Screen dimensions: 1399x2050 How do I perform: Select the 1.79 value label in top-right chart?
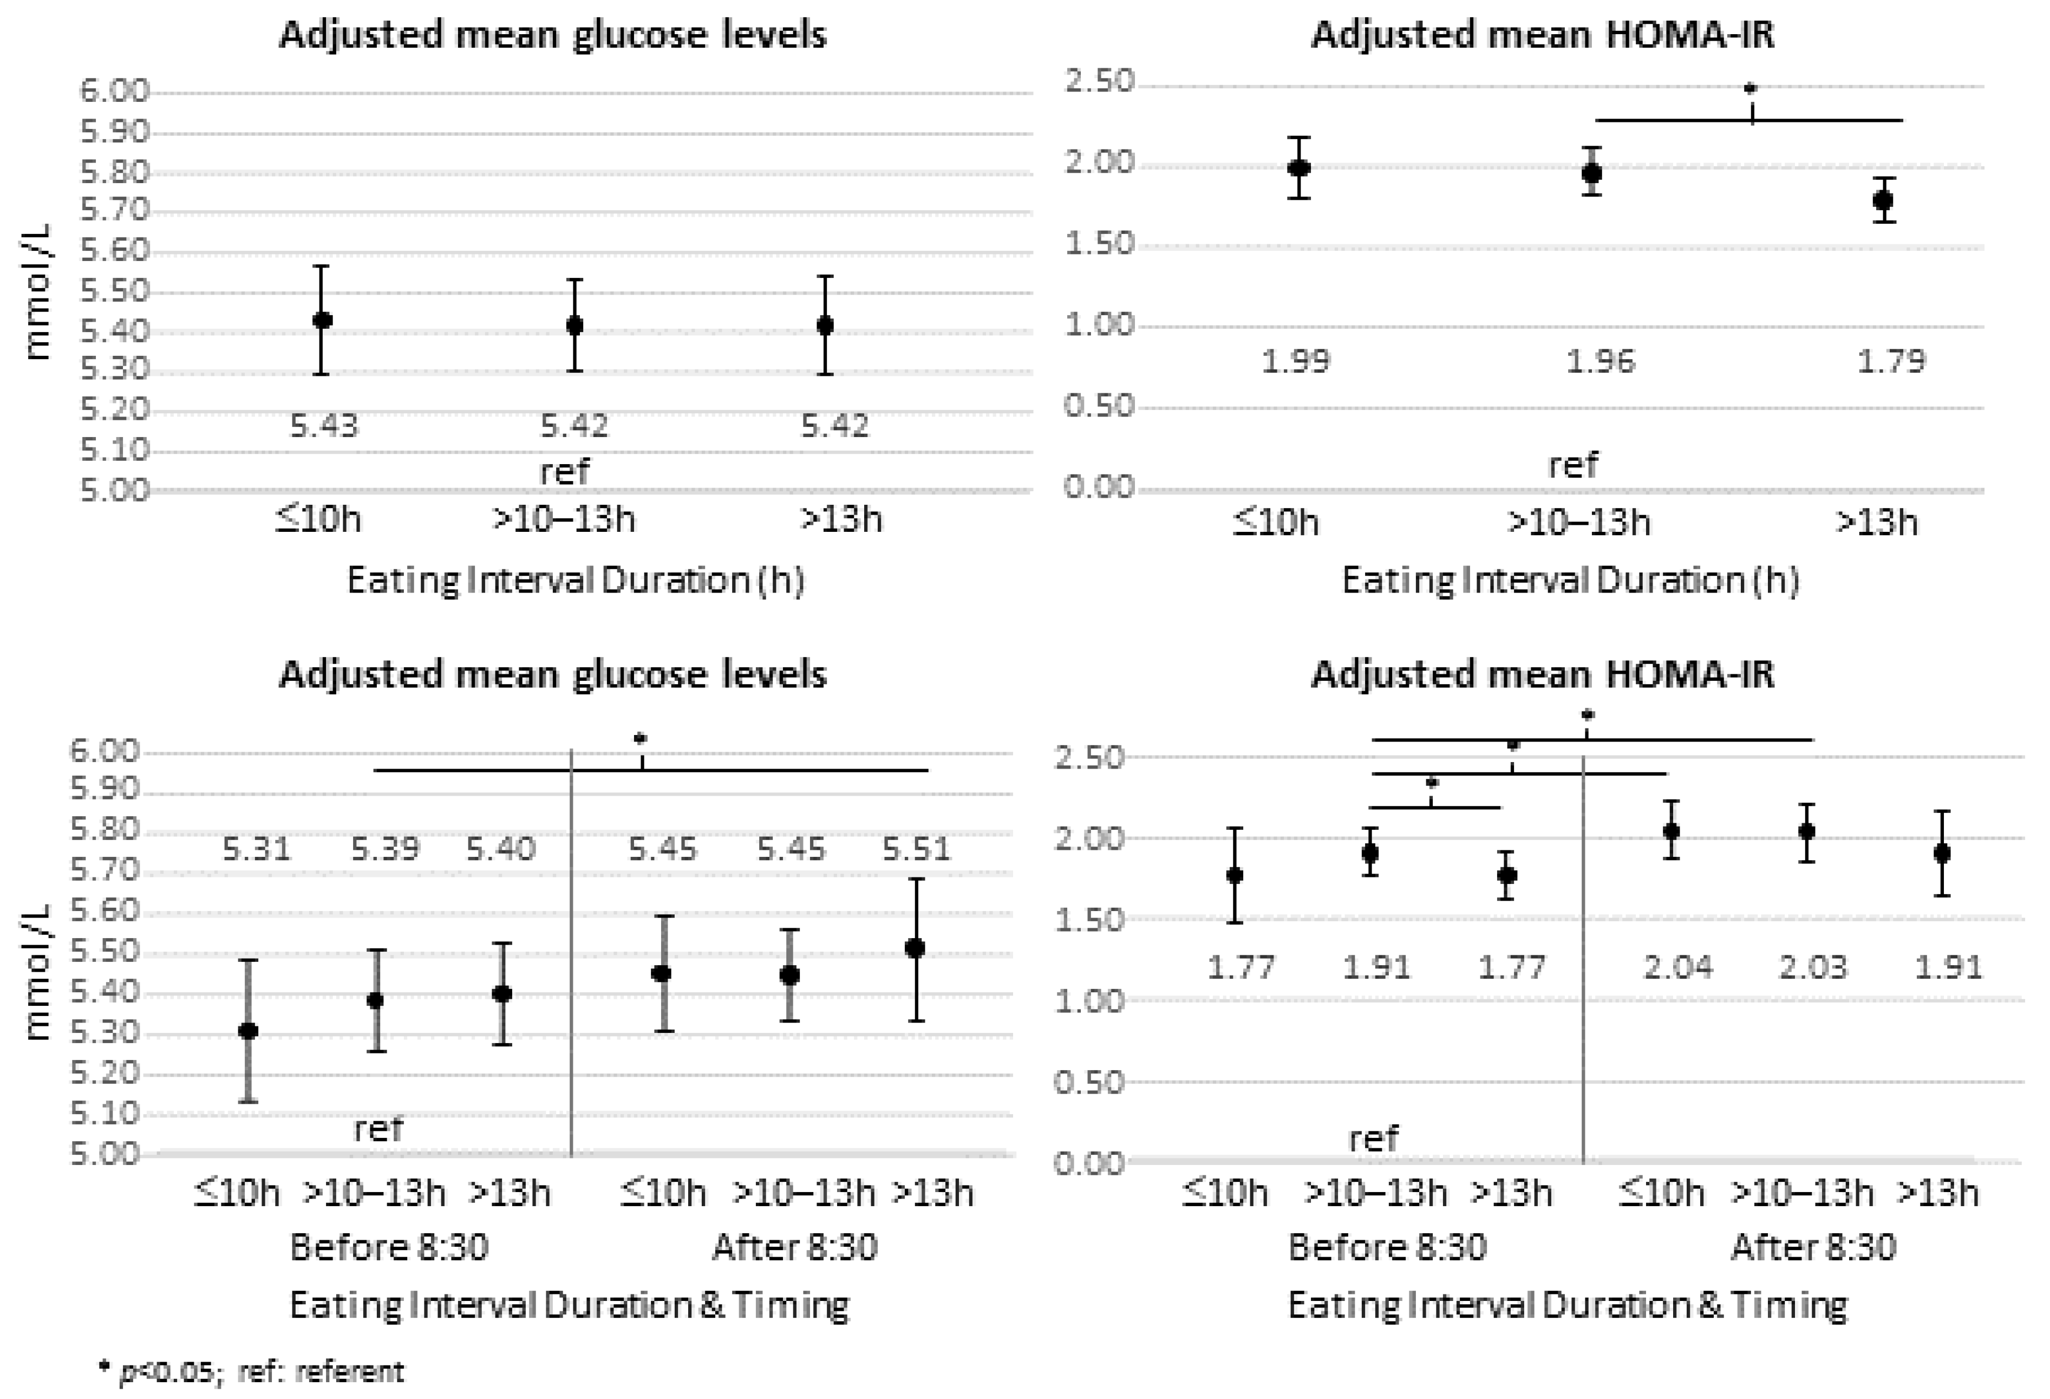point(1890,361)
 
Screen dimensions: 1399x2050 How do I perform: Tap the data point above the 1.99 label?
point(1298,167)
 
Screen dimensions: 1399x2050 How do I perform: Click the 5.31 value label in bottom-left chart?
point(256,849)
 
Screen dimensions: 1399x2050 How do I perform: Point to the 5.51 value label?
point(917,849)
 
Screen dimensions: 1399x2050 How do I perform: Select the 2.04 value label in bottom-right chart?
point(1678,968)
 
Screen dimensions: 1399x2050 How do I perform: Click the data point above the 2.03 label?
point(1806,831)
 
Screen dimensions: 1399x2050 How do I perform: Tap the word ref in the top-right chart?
point(1573,465)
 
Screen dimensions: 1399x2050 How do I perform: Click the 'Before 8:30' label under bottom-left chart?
point(389,1247)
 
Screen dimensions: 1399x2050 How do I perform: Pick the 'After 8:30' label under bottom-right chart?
point(1813,1247)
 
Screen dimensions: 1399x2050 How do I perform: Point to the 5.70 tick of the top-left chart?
point(115,211)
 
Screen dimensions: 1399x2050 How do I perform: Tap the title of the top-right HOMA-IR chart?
point(1542,35)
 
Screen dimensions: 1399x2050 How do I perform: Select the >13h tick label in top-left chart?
point(841,519)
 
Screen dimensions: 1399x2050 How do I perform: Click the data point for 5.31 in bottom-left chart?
point(249,1030)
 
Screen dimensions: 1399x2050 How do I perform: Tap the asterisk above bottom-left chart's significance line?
point(641,738)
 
